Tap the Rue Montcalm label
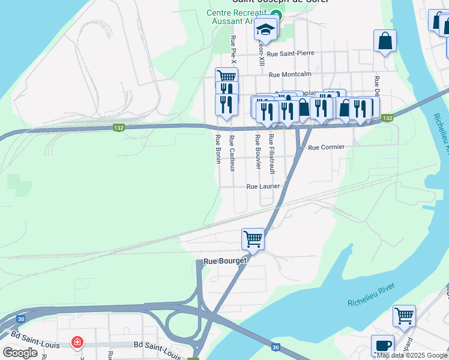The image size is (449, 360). click(x=291, y=75)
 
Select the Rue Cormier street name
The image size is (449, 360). click(x=326, y=147)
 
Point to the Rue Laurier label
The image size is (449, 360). click(x=264, y=187)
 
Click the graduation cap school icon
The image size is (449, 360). click(x=265, y=28)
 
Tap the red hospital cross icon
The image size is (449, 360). click(x=77, y=343)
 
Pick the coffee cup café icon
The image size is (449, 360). click(x=382, y=345)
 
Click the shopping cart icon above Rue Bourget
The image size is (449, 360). click(x=253, y=239)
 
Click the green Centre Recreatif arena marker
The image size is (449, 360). click(x=276, y=16)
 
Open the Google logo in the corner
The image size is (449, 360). click(x=20, y=353)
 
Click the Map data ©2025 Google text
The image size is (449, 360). click(x=412, y=355)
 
